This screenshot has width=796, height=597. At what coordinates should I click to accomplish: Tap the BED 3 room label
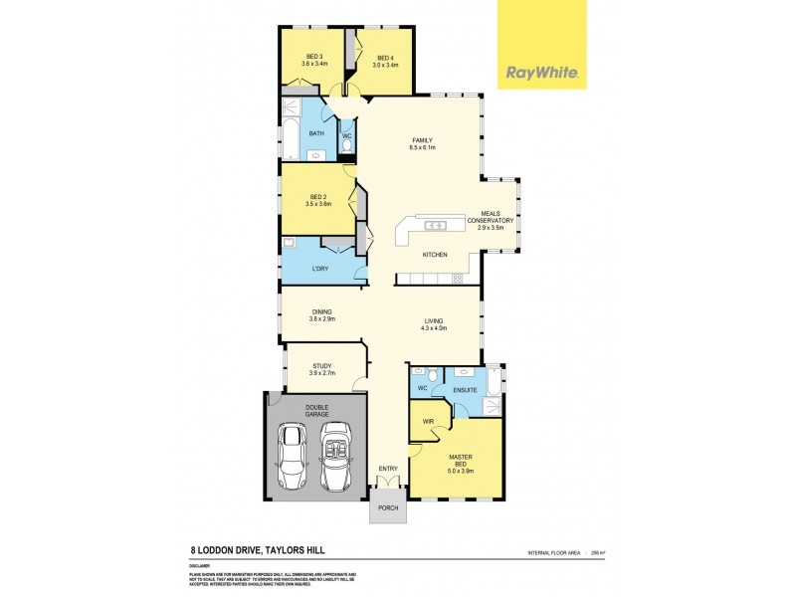click(313, 61)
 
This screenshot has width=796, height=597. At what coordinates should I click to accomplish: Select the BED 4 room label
click(385, 61)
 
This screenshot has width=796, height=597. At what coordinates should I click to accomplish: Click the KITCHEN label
click(435, 256)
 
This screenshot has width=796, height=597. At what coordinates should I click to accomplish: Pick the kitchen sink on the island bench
click(435, 227)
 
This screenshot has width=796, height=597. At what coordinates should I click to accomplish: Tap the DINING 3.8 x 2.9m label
click(320, 316)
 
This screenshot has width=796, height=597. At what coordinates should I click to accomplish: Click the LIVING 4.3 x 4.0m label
click(434, 324)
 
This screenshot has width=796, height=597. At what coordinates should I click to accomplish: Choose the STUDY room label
click(321, 369)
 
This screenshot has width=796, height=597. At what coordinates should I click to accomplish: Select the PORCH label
click(388, 508)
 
